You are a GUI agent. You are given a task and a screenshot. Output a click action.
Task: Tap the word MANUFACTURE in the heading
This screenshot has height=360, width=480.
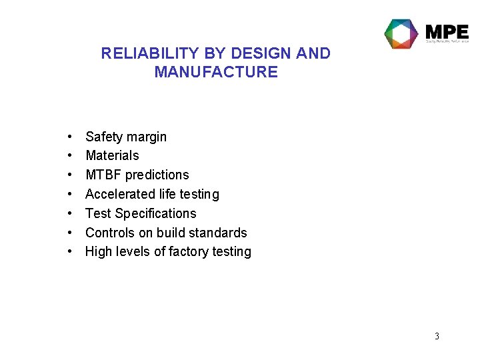tap(216, 72)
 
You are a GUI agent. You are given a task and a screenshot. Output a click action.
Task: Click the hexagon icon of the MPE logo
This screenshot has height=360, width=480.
tap(401, 34)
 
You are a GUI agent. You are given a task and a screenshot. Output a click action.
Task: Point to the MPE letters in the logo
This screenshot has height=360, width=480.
tap(447, 31)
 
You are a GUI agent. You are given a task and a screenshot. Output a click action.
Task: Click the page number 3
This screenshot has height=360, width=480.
tap(437, 336)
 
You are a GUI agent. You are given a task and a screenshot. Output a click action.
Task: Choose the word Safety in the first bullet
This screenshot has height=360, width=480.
tap(105, 137)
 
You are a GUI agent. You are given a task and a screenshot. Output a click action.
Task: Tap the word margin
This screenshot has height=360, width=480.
tap(147, 137)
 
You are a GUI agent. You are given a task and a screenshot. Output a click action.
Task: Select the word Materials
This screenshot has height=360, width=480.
tap(112, 155)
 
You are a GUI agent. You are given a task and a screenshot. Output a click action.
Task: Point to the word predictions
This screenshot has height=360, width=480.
tap(157, 175)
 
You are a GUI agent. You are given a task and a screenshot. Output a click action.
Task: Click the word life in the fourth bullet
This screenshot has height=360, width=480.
tap(167, 194)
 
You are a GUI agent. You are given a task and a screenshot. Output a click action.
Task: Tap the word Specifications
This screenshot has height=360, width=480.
tap(156, 213)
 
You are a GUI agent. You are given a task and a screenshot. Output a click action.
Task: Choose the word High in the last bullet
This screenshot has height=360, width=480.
tap(98, 251)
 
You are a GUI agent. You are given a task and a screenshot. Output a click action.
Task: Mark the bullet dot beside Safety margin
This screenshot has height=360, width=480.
tap(70, 137)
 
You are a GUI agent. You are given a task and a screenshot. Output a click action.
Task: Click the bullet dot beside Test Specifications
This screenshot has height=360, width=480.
tap(70, 213)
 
